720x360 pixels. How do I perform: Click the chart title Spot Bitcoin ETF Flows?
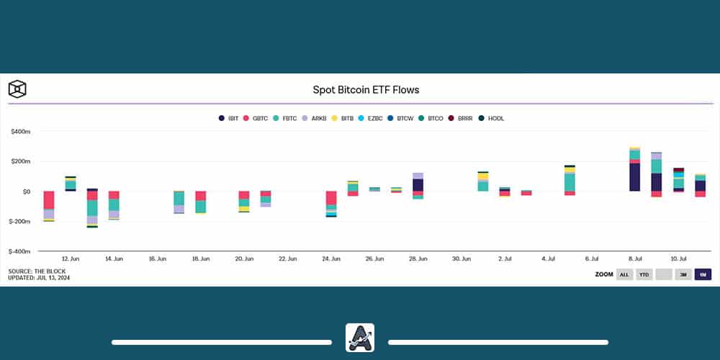pos(366,90)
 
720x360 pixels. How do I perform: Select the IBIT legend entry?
pos(228,118)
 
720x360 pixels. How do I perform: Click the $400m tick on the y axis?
pos(20,132)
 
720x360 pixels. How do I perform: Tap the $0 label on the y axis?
pos(26,192)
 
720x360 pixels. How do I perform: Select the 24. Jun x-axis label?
pos(331,258)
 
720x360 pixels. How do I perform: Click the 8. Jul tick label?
pos(634,258)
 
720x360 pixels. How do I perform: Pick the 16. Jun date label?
pos(157,258)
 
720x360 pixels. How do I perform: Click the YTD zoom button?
pos(644,274)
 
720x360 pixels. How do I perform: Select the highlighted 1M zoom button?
pos(703,274)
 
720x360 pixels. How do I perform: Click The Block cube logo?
pos(17,89)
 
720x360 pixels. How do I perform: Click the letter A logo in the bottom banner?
pos(359,338)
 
